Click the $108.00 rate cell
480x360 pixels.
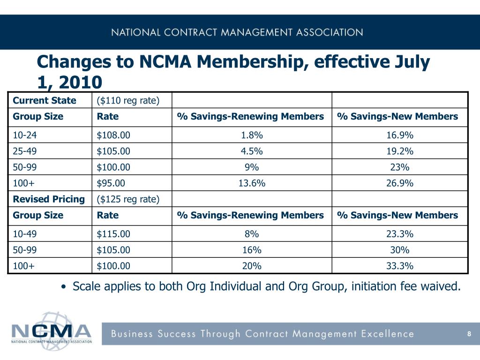(x=113, y=135)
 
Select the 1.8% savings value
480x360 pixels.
(x=252, y=135)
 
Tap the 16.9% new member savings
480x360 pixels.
(x=400, y=135)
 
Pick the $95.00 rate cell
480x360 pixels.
(x=111, y=183)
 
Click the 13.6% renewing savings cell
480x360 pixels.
(x=252, y=183)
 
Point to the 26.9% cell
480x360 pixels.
(x=400, y=183)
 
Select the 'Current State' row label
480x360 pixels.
(x=45, y=100)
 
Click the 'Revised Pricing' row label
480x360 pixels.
(x=49, y=199)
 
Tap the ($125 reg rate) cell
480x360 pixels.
(x=128, y=199)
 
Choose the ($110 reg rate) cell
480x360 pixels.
(x=128, y=100)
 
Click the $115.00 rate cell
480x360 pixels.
(x=113, y=234)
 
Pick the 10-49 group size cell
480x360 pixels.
(x=24, y=234)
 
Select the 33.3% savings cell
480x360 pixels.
(x=400, y=266)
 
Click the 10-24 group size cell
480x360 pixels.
(x=24, y=135)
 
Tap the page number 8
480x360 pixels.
(x=469, y=334)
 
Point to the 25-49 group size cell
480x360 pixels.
(x=24, y=151)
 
